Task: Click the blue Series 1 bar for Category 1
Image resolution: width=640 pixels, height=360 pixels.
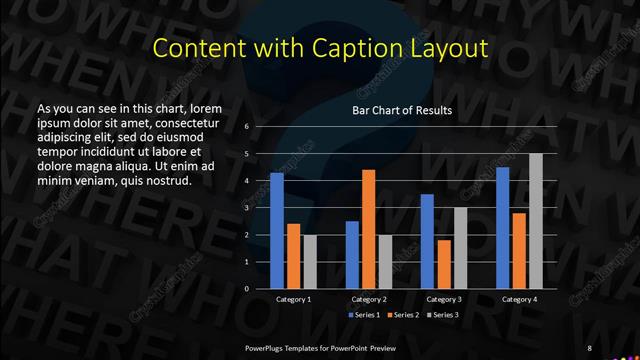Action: click(277, 230)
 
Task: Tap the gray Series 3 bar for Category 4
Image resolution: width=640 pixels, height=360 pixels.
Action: click(535, 221)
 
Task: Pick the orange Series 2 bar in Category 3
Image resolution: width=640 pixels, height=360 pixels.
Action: click(443, 264)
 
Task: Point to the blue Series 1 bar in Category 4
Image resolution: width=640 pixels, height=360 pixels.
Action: click(503, 227)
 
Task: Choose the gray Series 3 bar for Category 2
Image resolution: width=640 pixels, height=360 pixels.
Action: click(384, 261)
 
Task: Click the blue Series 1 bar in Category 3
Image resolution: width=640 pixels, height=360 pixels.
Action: click(427, 241)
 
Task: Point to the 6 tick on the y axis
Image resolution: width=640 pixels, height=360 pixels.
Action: click(246, 127)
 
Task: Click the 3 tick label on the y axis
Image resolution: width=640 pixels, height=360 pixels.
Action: click(246, 208)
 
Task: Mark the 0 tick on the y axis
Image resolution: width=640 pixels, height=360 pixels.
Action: click(246, 289)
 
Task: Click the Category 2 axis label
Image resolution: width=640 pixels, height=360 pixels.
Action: click(368, 299)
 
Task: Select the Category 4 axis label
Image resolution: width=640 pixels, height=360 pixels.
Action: click(518, 299)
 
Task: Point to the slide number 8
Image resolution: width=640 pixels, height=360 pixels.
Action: click(589, 348)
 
